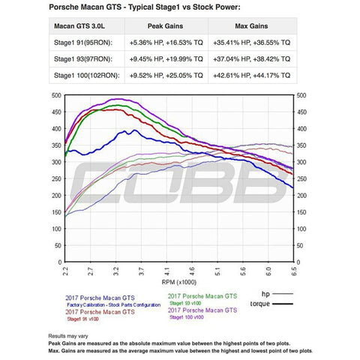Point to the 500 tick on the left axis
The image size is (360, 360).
[x=55, y=96]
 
